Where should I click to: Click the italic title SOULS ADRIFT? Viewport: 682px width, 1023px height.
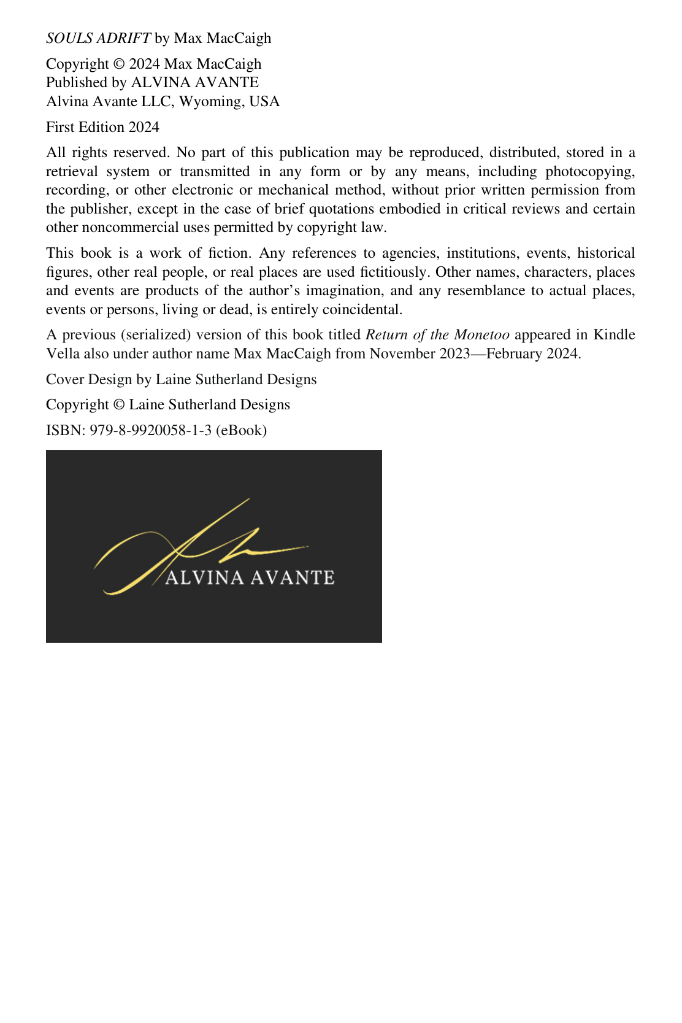pos(98,38)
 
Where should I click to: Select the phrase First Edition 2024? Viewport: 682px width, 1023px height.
pos(102,127)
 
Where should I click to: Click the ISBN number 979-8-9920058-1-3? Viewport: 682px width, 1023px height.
pos(150,430)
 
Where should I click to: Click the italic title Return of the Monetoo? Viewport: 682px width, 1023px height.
pos(437,334)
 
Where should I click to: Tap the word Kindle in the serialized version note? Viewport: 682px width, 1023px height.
pos(614,334)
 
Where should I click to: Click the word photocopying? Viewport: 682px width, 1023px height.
pos(590,171)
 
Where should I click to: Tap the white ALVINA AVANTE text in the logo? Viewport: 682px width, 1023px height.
pos(250,577)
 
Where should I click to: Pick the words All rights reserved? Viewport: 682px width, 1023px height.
pos(108,152)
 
